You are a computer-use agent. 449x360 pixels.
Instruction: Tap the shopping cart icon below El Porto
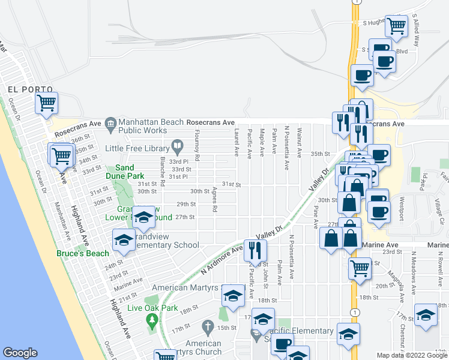[46, 103]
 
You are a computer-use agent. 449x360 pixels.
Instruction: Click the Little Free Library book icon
[178, 145]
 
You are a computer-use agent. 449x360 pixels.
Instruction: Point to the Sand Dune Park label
[125, 172]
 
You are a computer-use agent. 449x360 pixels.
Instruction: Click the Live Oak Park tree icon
[152, 319]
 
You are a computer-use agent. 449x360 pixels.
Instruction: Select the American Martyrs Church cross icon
[208, 328]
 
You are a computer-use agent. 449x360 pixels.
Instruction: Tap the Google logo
[20, 353]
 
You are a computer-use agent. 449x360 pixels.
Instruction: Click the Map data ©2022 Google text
[412, 355]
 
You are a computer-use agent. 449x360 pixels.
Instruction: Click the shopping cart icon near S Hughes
[396, 26]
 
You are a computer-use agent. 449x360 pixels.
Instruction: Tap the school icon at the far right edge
[426, 315]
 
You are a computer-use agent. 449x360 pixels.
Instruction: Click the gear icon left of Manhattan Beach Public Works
[111, 125]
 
